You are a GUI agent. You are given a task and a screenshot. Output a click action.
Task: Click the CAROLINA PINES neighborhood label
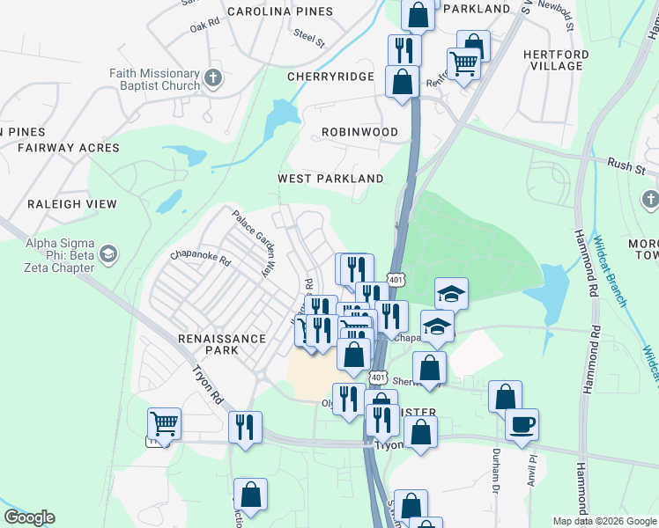click(x=280, y=11)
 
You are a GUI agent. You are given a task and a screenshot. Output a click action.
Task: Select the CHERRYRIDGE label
click(x=332, y=77)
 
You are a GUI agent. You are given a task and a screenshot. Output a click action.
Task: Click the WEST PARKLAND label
click(x=330, y=179)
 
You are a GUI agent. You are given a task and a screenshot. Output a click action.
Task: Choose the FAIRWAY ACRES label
click(x=68, y=148)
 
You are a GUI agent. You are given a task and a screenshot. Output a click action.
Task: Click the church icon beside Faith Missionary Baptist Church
click(x=212, y=80)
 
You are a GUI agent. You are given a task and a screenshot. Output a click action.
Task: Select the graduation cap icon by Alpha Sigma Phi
click(x=108, y=255)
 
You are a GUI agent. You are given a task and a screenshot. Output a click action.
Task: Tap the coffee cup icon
click(x=522, y=425)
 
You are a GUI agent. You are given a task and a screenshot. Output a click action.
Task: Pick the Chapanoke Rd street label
click(x=201, y=260)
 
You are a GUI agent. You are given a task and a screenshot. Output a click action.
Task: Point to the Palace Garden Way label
click(x=250, y=243)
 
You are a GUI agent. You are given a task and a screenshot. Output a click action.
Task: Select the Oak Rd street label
click(x=204, y=26)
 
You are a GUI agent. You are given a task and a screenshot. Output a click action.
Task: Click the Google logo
click(x=29, y=517)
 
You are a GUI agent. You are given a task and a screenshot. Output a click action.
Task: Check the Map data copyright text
click(x=603, y=521)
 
